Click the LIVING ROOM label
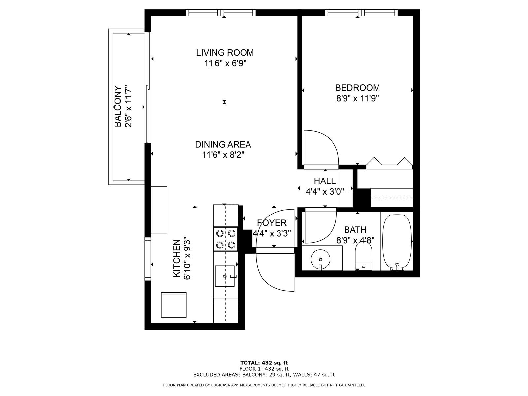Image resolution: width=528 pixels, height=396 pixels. pyautogui.click(x=225, y=53)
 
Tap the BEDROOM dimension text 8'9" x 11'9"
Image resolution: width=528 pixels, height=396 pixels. pyautogui.click(x=357, y=98)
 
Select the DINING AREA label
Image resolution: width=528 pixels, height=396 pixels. pyautogui.click(x=223, y=144)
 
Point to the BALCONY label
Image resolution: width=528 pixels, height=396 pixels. pyautogui.click(x=117, y=106)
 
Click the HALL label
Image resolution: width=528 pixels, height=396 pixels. pyautogui.click(x=325, y=181)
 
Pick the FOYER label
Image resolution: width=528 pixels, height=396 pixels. pyautogui.click(x=272, y=223)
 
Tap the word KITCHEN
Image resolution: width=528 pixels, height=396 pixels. pyautogui.click(x=177, y=258)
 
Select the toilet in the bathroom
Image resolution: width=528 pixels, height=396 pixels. pyautogui.click(x=363, y=255)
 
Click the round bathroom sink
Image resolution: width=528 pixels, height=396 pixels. pyautogui.click(x=320, y=259)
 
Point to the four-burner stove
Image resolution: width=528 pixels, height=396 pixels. pyautogui.click(x=226, y=239)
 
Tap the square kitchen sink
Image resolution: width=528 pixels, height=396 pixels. pyautogui.click(x=225, y=276)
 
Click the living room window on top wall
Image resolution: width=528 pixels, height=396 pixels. pyautogui.click(x=221, y=13)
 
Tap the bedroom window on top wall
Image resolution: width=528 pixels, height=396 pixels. pyautogui.click(x=361, y=13)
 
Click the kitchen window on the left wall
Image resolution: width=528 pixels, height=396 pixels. pyautogui.click(x=148, y=259)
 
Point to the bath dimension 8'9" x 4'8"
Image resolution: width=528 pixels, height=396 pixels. pyautogui.click(x=355, y=240)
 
